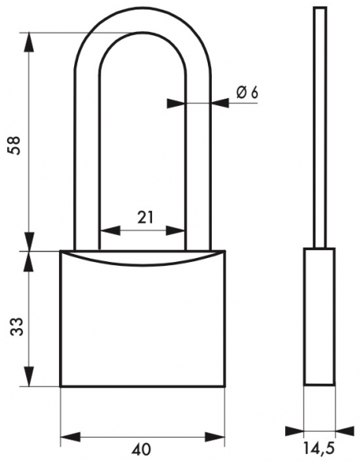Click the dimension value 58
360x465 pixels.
point(15,145)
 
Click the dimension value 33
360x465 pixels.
point(16,326)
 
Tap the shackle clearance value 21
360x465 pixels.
point(145,217)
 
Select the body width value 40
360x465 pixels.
point(141,449)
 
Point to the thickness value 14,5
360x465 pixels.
point(319,449)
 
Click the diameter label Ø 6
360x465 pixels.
point(247,93)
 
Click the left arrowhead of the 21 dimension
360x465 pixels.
point(111,230)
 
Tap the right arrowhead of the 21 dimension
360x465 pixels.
point(175,230)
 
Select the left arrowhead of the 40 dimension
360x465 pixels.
point(71,437)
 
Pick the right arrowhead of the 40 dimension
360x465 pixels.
point(215,437)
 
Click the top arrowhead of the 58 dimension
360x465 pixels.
point(29,42)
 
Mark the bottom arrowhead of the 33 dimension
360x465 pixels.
point(29,377)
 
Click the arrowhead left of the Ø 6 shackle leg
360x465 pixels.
point(176,104)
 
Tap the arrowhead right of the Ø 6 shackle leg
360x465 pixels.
point(220,104)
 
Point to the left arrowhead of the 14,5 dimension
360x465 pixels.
point(295,432)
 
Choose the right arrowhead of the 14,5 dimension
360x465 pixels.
point(345,432)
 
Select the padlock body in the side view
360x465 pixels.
point(319,317)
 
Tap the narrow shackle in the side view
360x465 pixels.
point(320,127)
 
